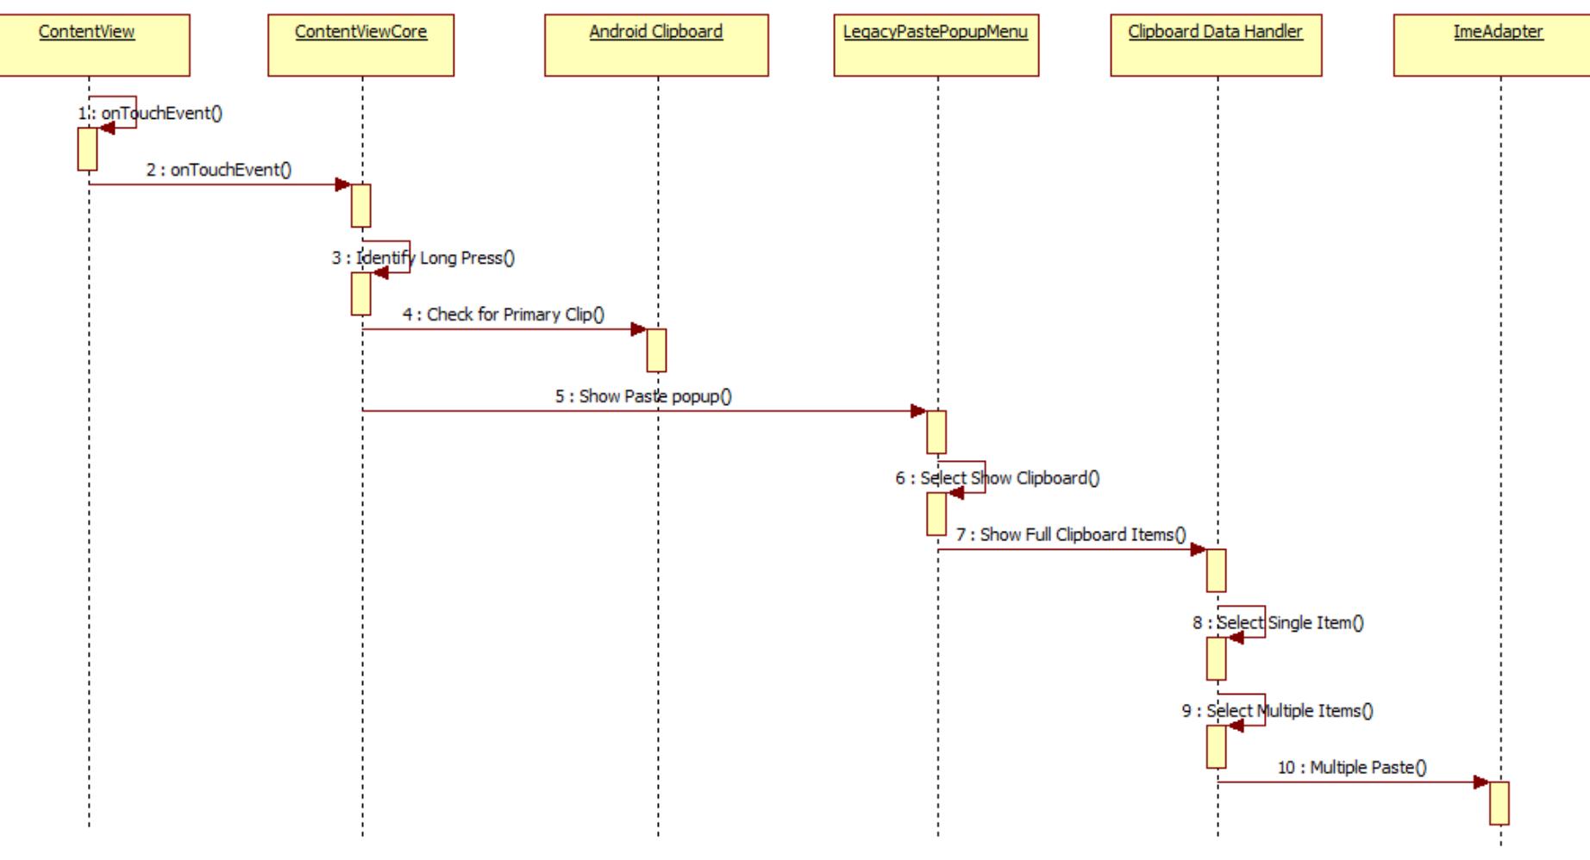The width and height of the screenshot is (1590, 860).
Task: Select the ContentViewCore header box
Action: [x=360, y=45]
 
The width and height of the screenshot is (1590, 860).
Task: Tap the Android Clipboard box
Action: [x=656, y=45]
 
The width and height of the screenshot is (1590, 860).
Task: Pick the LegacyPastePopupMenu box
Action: [x=936, y=45]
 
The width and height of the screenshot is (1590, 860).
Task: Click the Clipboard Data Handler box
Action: [x=1215, y=45]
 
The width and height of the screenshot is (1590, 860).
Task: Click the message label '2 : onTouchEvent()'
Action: [x=219, y=170]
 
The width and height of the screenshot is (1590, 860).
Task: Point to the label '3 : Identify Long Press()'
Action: [x=423, y=258]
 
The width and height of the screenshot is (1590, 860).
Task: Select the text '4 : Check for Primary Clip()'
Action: [x=504, y=315]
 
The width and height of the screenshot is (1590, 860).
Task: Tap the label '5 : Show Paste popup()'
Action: [x=643, y=396]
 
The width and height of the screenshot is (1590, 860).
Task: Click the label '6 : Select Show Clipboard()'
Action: [x=998, y=478]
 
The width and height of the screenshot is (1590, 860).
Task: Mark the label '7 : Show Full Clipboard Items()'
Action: [x=1071, y=534]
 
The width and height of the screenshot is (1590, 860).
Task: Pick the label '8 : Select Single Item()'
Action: [x=1279, y=622]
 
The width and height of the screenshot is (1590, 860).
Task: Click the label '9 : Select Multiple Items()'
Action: [x=1278, y=711]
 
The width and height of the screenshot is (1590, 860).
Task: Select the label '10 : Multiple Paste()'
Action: [x=1352, y=767]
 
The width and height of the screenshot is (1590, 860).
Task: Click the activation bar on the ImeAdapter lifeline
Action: [x=1499, y=803]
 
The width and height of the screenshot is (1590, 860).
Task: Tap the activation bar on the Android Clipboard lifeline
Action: [x=656, y=350]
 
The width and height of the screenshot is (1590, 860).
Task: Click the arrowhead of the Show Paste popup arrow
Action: [x=918, y=411]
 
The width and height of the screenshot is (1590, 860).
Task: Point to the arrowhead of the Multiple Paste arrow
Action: [x=1480, y=782]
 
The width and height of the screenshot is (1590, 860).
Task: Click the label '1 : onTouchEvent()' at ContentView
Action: [x=151, y=113]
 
